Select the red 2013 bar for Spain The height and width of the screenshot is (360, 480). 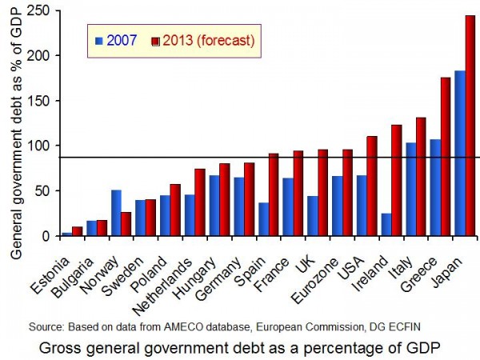[274, 194]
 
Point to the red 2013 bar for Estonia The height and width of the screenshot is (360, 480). [77, 231]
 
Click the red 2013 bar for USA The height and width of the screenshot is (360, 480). [371, 186]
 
